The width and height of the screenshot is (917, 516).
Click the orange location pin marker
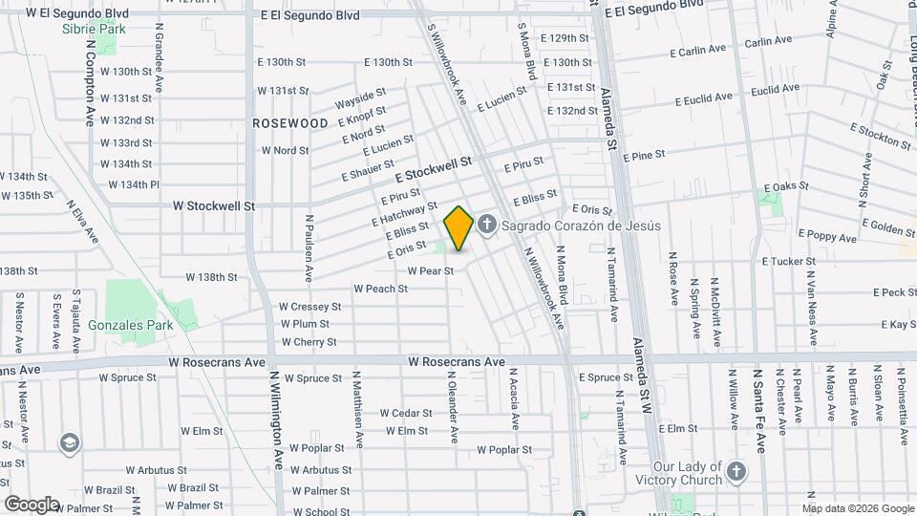[x=458, y=228]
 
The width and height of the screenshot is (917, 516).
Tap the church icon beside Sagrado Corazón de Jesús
[x=486, y=226]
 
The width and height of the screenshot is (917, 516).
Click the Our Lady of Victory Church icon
[x=736, y=471]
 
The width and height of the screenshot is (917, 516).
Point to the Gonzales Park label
[x=131, y=325]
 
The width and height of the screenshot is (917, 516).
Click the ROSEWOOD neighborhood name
[x=290, y=123]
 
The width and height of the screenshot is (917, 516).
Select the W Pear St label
[x=430, y=270]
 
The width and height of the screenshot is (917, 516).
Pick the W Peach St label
[x=380, y=288]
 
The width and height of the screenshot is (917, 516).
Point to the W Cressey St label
[x=309, y=307]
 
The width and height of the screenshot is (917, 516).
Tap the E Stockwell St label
[x=435, y=169]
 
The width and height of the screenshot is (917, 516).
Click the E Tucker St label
[x=789, y=261]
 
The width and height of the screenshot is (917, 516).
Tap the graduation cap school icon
[x=69, y=442]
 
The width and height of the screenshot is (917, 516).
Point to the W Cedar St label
[x=406, y=413]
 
